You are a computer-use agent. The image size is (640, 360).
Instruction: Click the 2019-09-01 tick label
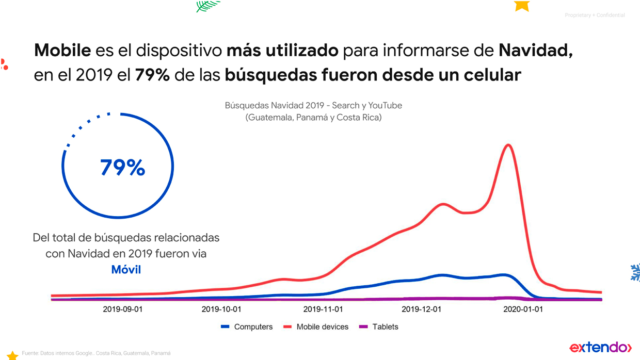coord(123,309)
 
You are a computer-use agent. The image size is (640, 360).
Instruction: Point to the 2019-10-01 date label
coord(221,309)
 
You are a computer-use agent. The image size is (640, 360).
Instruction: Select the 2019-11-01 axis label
coord(323,309)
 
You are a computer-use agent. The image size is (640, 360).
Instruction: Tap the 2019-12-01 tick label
coord(422,309)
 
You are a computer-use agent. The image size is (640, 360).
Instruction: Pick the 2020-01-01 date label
coord(523,309)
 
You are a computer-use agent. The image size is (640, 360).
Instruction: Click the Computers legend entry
coord(247,327)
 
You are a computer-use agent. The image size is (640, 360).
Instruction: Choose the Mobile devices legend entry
coord(316,327)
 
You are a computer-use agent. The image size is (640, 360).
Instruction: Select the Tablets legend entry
coord(379,327)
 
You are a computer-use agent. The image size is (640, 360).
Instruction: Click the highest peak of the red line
coord(509,145)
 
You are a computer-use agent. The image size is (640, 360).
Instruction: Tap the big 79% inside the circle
coord(122,168)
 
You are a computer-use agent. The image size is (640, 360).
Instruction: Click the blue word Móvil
coord(126,269)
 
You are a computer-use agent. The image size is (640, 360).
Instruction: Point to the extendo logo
coord(600,347)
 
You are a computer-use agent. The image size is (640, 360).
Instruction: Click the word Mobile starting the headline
coord(62,51)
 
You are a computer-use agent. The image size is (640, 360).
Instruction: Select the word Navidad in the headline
coord(535,51)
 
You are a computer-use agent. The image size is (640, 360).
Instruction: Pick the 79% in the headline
coord(152,75)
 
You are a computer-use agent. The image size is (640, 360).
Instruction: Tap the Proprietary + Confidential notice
coord(595,15)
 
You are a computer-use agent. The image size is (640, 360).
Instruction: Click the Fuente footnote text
coord(96,353)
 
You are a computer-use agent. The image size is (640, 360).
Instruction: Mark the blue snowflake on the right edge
coord(635,272)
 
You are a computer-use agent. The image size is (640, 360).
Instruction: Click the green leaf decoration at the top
coord(207,6)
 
